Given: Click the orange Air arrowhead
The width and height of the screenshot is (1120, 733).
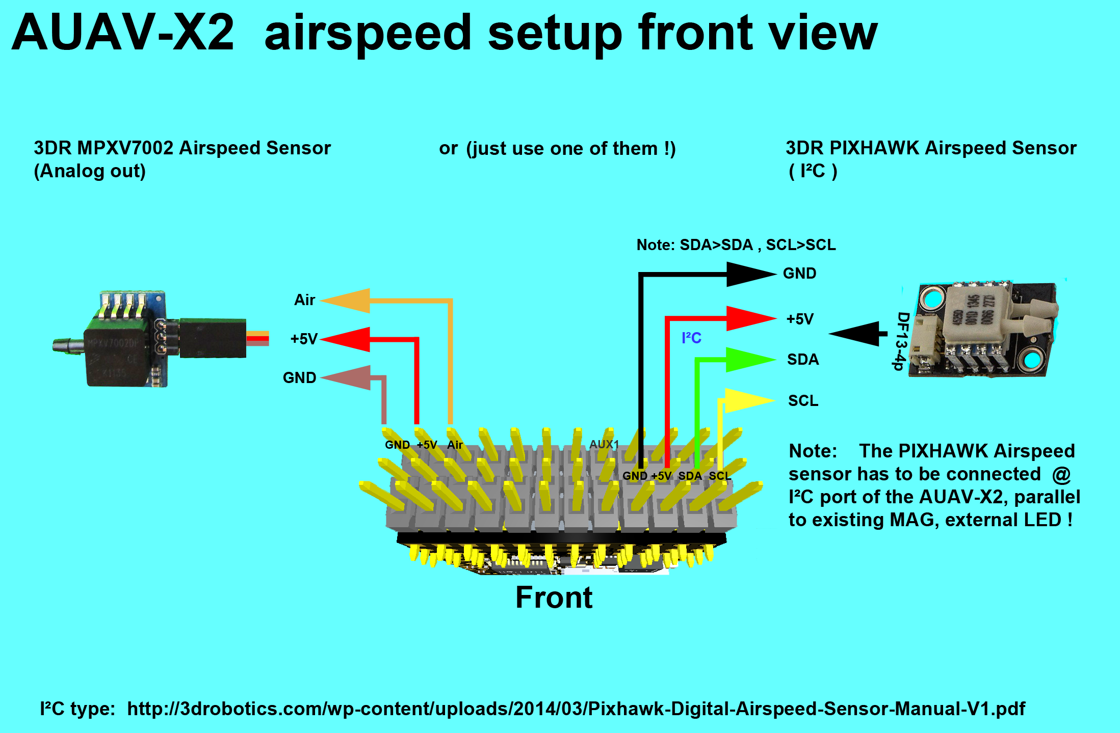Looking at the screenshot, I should [x=347, y=301].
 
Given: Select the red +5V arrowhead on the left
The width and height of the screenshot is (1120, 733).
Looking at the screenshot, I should [x=347, y=339].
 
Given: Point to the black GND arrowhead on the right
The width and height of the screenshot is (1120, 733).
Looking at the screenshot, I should [x=749, y=274].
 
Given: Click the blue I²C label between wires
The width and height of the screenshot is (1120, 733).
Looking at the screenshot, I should [x=691, y=338].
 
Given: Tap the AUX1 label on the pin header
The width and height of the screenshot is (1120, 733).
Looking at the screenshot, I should [x=604, y=444].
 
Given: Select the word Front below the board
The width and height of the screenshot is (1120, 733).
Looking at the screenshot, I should [x=554, y=598].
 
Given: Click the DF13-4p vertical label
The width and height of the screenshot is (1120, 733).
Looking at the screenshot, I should [x=901, y=341].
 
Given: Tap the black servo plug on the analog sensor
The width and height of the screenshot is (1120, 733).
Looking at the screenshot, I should [x=213, y=338].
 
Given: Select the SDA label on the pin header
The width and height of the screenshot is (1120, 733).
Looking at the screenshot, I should [x=689, y=476].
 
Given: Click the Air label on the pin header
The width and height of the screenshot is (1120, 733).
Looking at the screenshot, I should [x=454, y=445].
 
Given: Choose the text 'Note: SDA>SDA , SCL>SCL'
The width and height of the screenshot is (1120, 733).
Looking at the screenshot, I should [x=736, y=245].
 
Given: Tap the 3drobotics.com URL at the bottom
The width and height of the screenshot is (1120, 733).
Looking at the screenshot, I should [x=576, y=709].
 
